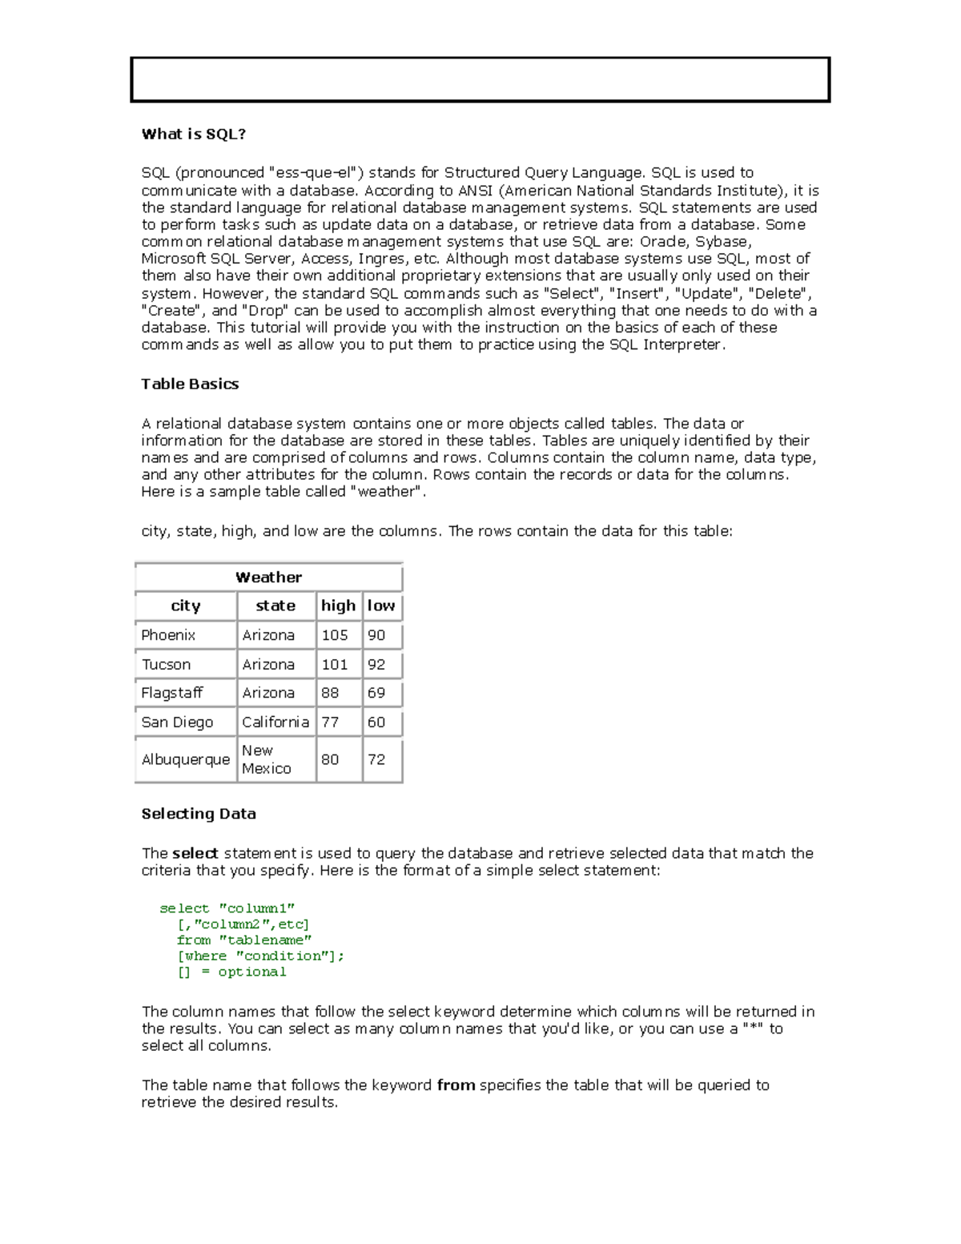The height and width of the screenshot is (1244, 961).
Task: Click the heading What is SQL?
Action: (193, 135)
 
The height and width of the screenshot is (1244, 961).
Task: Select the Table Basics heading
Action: (190, 384)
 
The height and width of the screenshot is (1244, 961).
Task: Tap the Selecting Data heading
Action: (199, 814)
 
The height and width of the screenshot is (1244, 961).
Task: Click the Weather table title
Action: (268, 578)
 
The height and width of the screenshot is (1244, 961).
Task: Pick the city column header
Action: (185, 606)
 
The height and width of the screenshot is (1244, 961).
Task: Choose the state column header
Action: (275, 606)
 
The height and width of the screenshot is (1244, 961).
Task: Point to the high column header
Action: (338, 606)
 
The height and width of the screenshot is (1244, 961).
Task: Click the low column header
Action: (381, 606)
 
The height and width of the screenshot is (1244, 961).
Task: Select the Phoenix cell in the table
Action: (168, 635)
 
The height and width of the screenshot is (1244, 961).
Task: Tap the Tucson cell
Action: (166, 665)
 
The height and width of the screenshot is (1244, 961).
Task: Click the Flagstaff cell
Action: (171, 693)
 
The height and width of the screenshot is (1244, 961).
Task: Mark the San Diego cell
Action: (177, 723)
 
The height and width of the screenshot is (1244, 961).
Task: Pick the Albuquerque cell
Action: (185, 759)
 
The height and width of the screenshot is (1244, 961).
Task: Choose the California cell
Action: (275, 723)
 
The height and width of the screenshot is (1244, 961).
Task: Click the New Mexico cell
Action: (266, 759)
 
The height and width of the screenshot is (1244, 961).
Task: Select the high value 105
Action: (335, 635)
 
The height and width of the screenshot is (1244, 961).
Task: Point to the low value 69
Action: (376, 693)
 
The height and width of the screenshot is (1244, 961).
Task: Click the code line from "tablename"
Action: (244, 940)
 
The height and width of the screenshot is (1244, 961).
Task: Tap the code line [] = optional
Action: (231, 972)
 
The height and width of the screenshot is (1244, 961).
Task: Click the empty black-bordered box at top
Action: (480, 80)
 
